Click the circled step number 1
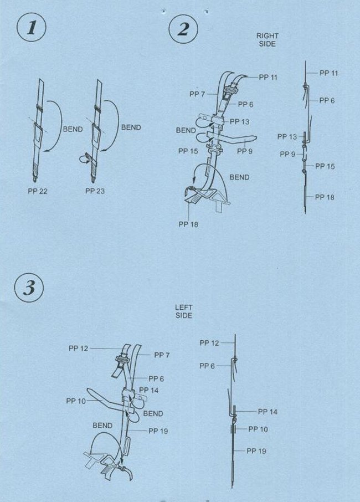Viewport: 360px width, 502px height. pyautogui.click(x=32, y=27)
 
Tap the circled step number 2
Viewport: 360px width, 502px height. pyautogui.click(x=183, y=29)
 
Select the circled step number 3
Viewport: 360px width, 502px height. pyautogui.click(x=29, y=287)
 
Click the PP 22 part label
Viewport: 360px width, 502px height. pyautogui.click(x=38, y=191)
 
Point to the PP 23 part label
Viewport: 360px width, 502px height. pyautogui.click(x=95, y=191)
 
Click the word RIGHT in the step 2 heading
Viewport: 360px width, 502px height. pyautogui.click(x=267, y=36)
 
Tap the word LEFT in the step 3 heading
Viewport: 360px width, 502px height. pyautogui.click(x=184, y=308)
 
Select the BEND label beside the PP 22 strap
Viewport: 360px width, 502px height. pyautogui.click(x=73, y=129)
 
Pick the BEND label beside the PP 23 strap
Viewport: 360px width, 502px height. pyautogui.click(x=131, y=127)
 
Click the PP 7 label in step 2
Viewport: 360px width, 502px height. pyautogui.click(x=197, y=94)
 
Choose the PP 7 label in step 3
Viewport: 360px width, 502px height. pyautogui.click(x=162, y=355)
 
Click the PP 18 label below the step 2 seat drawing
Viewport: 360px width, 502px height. pyautogui.click(x=188, y=224)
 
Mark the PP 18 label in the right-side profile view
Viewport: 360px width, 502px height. pyautogui.click(x=325, y=197)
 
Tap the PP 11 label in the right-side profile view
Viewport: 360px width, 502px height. pyautogui.click(x=328, y=73)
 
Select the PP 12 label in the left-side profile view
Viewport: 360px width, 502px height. pyautogui.click(x=209, y=343)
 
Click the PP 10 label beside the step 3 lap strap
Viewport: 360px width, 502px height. pyautogui.click(x=76, y=401)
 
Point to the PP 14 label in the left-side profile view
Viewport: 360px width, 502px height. pyautogui.click(x=268, y=412)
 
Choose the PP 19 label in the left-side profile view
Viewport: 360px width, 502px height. pyautogui.click(x=256, y=451)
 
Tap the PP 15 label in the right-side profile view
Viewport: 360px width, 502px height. pyautogui.click(x=325, y=166)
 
